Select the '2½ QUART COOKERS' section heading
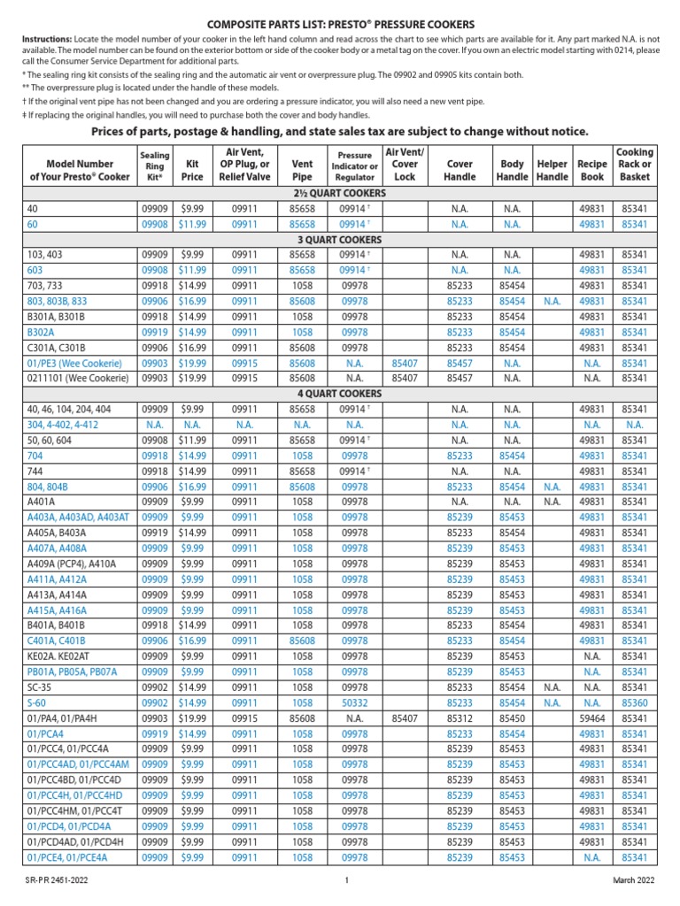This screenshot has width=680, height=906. [340, 194]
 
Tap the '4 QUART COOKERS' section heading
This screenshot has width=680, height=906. [340, 393]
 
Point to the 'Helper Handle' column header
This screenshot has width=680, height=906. [552, 171]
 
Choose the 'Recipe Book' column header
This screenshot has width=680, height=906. [592, 171]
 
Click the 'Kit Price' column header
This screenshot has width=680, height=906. [192, 171]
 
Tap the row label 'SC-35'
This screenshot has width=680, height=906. [40, 687]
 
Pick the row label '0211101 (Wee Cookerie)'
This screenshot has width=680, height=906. [78, 379]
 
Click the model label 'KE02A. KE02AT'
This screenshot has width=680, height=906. [61, 656]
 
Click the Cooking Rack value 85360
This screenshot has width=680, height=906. [634, 703]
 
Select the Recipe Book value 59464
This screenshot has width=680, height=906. [592, 719]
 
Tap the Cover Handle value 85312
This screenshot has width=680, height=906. [460, 719]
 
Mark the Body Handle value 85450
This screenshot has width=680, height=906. [512, 719]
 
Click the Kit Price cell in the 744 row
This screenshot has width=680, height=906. [192, 472]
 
